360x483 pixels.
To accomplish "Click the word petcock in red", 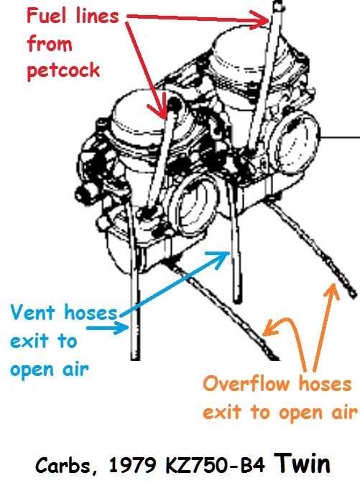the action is [x=63, y=71].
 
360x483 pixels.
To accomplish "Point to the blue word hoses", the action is [x=91, y=313].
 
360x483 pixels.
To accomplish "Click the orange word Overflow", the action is [x=246, y=384].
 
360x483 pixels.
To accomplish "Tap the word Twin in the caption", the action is [x=302, y=464].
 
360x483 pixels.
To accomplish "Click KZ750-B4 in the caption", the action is [x=215, y=465].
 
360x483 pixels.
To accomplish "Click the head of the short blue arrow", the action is [x=123, y=328].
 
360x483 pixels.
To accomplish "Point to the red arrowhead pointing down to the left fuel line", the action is [x=160, y=111].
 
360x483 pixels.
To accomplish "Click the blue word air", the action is [x=75, y=369].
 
